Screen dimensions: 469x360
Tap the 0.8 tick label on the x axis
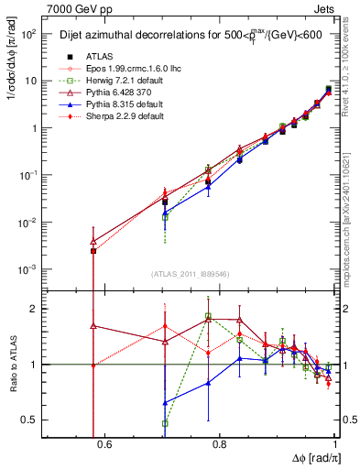click(x=219, y=446)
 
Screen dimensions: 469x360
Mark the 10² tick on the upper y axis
click(x=30, y=34)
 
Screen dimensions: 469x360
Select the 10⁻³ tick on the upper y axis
click(x=30, y=269)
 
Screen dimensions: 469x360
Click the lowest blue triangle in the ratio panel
click(x=165, y=403)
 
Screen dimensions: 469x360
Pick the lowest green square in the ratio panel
click(x=165, y=423)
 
